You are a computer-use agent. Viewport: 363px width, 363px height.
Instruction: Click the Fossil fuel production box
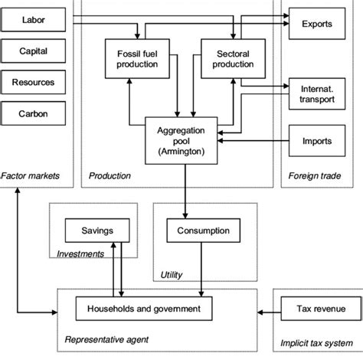[136, 58]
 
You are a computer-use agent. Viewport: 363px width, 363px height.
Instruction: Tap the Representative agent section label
[108, 338]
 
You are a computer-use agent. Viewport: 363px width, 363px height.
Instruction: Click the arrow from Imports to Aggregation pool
[253, 139]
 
